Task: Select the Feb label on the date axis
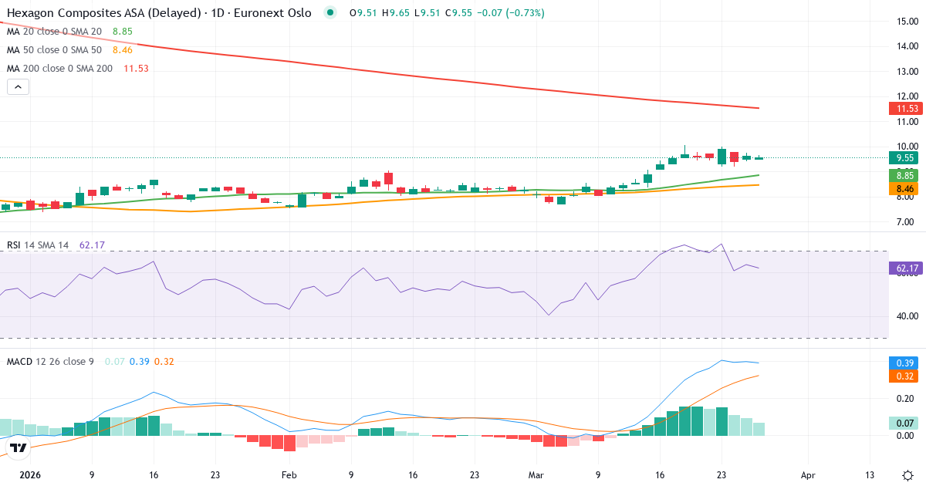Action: click(x=289, y=475)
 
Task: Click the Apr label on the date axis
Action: click(x=807, y=475)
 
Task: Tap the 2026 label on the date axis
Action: click(x=30, y=475)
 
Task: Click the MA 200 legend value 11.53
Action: click(x=136, y=69)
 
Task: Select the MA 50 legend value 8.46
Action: click(x=123, y=50)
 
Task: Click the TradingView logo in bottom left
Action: click(x=19, y=448)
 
